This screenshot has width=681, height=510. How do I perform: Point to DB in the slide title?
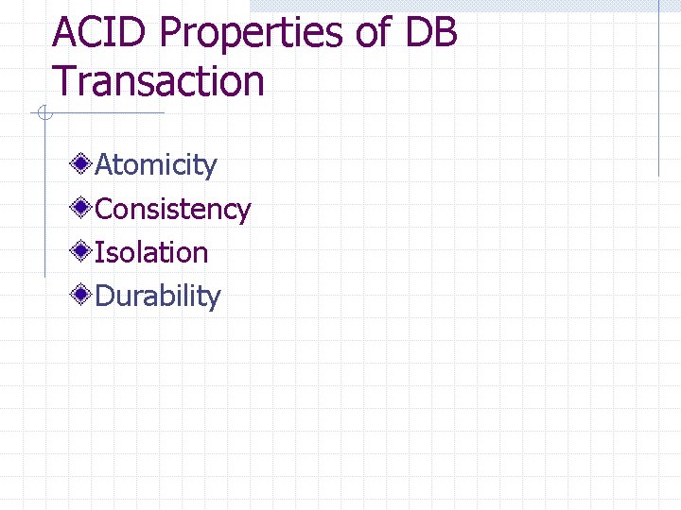pyautogui.click(x=432, y=33)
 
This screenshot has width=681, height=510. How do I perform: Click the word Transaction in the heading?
pyautogui.click(x=159, y=81)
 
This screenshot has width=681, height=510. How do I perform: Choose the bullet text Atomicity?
pyautogui.click(x=156, y=165)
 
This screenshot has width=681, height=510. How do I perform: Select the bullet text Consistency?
pyautogui.click(x=173, y=209)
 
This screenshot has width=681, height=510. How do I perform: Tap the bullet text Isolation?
pyautogui.click(x=151, y=252)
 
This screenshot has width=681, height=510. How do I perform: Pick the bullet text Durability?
pyautogui.click(x=158, y=297)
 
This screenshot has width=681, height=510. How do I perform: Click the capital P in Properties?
pyautogui.click(x=172, y=33)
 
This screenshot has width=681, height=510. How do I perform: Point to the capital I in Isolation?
pyautogui.click(x=99, y=252)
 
